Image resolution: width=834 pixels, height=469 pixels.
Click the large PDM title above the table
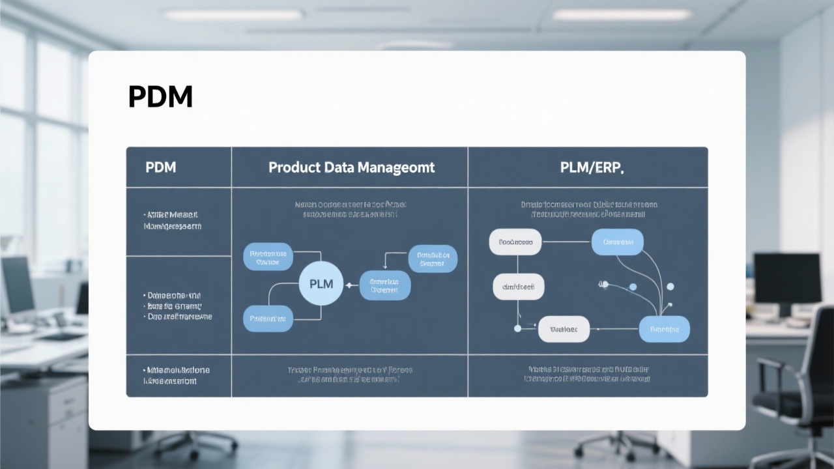click(160, 97)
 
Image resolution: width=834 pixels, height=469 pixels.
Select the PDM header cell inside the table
click(160, 167)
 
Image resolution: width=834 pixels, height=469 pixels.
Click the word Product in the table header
click(294, 167)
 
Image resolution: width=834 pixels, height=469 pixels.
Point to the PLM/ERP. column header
click(592, 167)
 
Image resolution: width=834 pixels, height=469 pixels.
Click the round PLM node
click(321, 284)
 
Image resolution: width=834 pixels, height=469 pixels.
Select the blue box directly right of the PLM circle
click(384, 285)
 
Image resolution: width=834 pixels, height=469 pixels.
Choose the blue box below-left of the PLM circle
click(268, 318)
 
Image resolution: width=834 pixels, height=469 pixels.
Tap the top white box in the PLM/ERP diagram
click(515, 242)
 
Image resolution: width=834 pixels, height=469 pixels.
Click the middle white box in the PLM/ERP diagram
click(518, 287)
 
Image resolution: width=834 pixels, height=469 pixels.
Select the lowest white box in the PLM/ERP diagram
click(563, 329)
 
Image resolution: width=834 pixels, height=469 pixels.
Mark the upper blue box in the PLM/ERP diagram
click(617, 242)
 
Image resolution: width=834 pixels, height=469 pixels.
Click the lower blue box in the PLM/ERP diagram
click(664, 329)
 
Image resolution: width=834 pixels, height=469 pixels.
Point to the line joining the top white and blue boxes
click(566, 242)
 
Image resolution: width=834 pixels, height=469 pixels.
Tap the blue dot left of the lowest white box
click(518, 328)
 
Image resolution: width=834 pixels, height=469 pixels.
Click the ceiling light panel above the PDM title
click(233, 14)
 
